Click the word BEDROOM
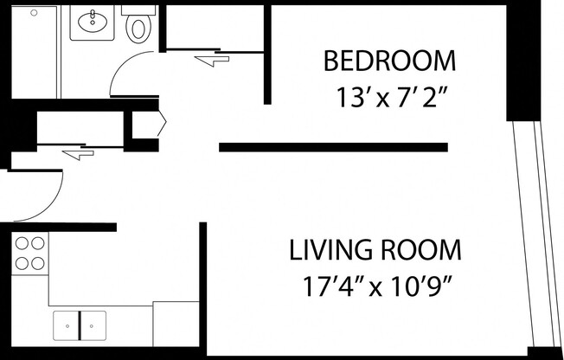(x=389, y=62)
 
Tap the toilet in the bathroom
(x=138, y=27)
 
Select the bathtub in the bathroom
(x=35, y=52)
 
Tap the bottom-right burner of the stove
(x=38, y=262)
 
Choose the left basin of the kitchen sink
(x=67, y=325)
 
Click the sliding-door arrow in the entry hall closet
(x=78, y=154)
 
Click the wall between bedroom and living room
(x=333, y=147)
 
